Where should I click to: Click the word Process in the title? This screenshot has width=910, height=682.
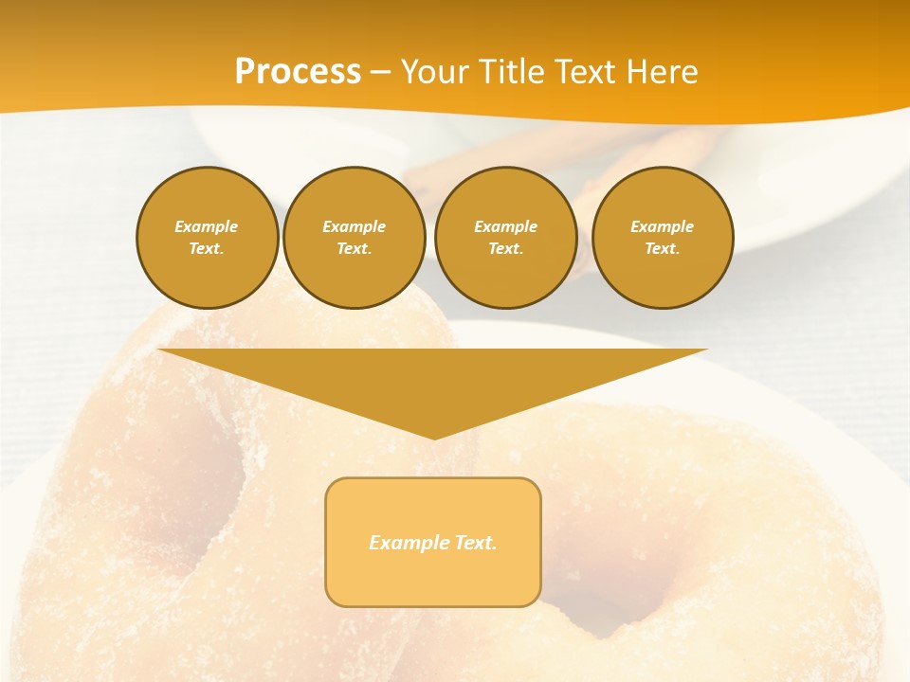(298, 72)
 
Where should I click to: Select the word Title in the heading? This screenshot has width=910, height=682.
(514, 72)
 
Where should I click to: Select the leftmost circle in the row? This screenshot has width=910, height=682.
(208, 238)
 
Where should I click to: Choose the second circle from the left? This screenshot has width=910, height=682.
(355, 238)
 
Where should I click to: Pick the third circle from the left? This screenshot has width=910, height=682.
(506, 238)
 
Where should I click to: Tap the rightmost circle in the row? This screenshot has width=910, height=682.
(663, 238)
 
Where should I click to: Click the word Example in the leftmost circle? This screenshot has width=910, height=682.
(207, 226)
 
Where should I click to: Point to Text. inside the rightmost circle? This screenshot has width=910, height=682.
(663, 249)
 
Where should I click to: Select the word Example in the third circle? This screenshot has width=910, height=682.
(506, 226)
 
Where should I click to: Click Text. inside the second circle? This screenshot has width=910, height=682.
(355, 249)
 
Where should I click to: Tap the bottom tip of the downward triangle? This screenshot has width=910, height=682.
(433, 437)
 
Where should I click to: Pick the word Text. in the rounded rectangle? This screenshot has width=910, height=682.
(476, 543)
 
